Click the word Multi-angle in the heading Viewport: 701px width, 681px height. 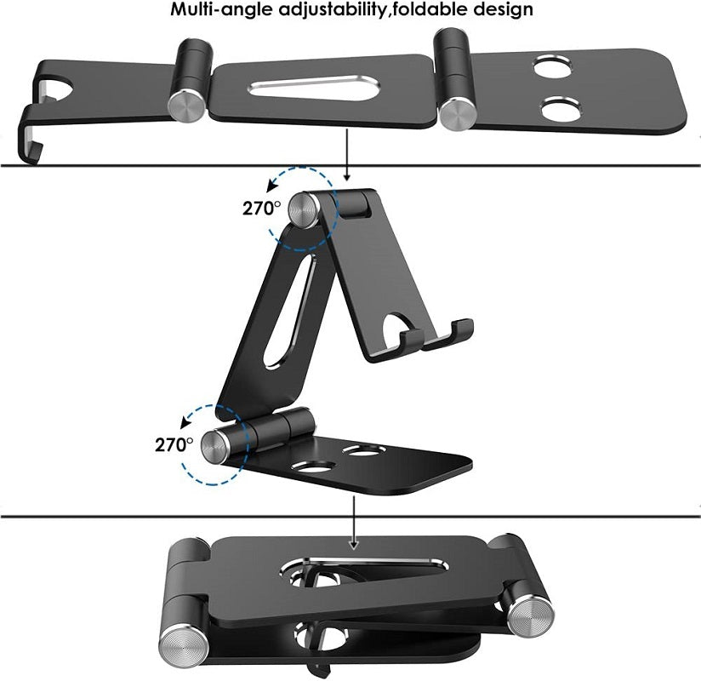217,10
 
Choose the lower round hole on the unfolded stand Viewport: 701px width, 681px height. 559,109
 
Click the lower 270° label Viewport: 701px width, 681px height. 174,443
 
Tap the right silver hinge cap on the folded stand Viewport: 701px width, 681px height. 531,613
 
